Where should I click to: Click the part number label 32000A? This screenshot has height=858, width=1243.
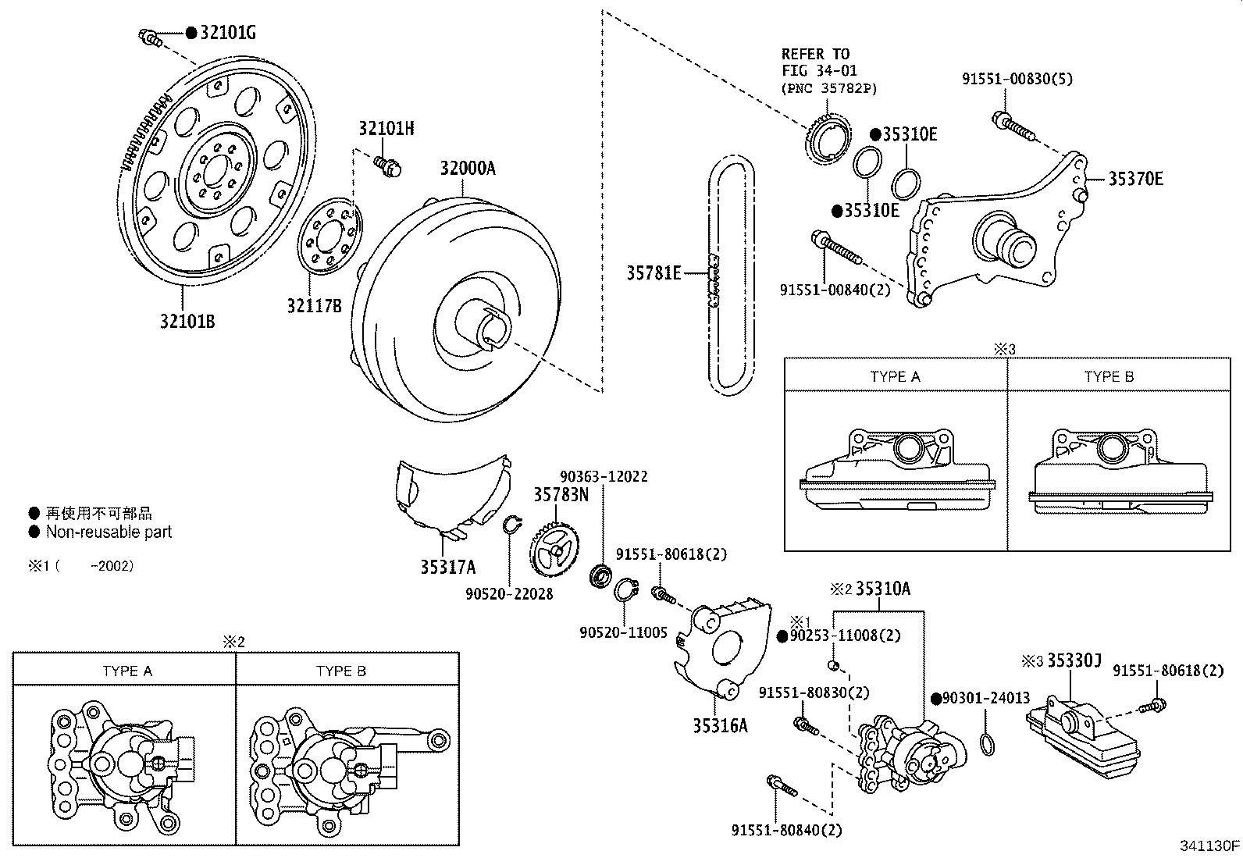pos(467,169)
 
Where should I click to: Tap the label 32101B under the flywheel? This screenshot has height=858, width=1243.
pos(187,321)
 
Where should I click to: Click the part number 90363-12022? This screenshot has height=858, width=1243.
pos(604,476)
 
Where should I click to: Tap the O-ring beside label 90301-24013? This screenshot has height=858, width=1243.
pos(988,745)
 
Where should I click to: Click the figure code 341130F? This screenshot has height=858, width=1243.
pos(1209,846)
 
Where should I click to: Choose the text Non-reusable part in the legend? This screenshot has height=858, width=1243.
pos(109,532)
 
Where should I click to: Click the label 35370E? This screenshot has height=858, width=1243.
pos(1136,179)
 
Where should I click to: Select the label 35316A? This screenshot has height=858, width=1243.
pos(720,725)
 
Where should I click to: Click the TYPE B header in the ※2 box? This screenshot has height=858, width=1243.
pos(340,671)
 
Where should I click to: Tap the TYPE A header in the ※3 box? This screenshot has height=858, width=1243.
pos(895,376)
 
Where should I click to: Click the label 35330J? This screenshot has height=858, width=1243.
pos(1074,662)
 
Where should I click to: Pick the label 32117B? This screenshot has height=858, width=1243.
pos(314,306)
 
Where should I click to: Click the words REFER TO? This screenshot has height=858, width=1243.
pos(815,54)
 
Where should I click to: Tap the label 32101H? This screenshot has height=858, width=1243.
pos(386,129)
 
